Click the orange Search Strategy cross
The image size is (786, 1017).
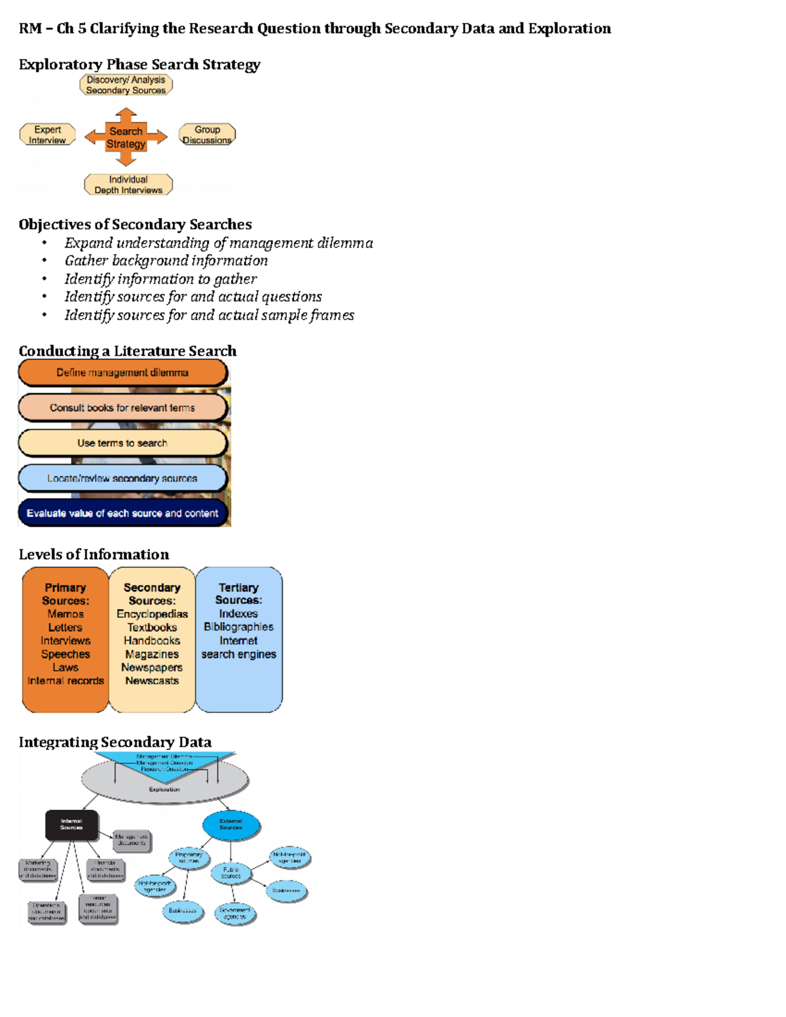coord(126,138)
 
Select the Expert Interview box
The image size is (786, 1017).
coord(48,134)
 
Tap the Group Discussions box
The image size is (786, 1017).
coord(207,134)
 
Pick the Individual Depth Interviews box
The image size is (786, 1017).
coord(128,185)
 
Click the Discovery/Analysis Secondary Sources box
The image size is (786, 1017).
coord(126,85)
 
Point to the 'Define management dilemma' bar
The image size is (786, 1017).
coord(122,373)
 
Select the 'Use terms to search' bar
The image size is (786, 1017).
coord(122,443)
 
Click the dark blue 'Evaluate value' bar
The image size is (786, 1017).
coord(122,513)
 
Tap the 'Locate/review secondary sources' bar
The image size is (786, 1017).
coord(122,479)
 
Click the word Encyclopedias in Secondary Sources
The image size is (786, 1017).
coord(152,614)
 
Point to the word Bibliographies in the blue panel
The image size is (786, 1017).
coord(238,627)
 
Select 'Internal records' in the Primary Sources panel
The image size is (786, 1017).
coord(65,681)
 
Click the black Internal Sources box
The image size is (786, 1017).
coord(71,824)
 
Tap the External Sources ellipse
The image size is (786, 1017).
coord(231,824)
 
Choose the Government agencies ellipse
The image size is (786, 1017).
coord(234,914)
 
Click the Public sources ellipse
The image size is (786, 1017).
coord(231,873)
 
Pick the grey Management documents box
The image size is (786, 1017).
coord(132,840)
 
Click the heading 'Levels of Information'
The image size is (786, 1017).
coord(94,555)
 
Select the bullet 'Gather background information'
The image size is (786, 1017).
coord(166,261)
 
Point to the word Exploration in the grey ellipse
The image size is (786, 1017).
coord(164,790)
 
